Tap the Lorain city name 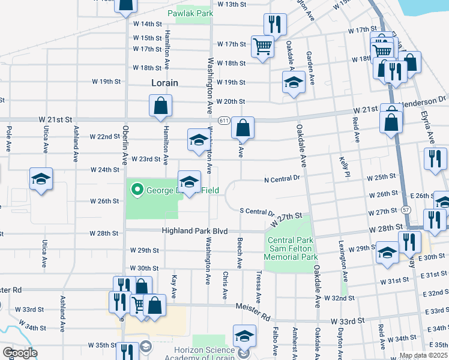click(x=164, y=83)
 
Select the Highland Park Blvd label click(x=195, y=231)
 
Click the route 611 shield click(x=224, y=121)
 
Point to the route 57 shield click(x=406, y=210)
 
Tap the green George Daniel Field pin click(x=137, y=191)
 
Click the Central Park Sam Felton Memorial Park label click(x=291, y=248)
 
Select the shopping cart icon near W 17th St click(x=262, y=46)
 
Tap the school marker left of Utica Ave click(x=41, y=179)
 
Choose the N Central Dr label click(x=282, y=179)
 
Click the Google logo click(x=20, y=353)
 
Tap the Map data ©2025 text click(x=422, y=355)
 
